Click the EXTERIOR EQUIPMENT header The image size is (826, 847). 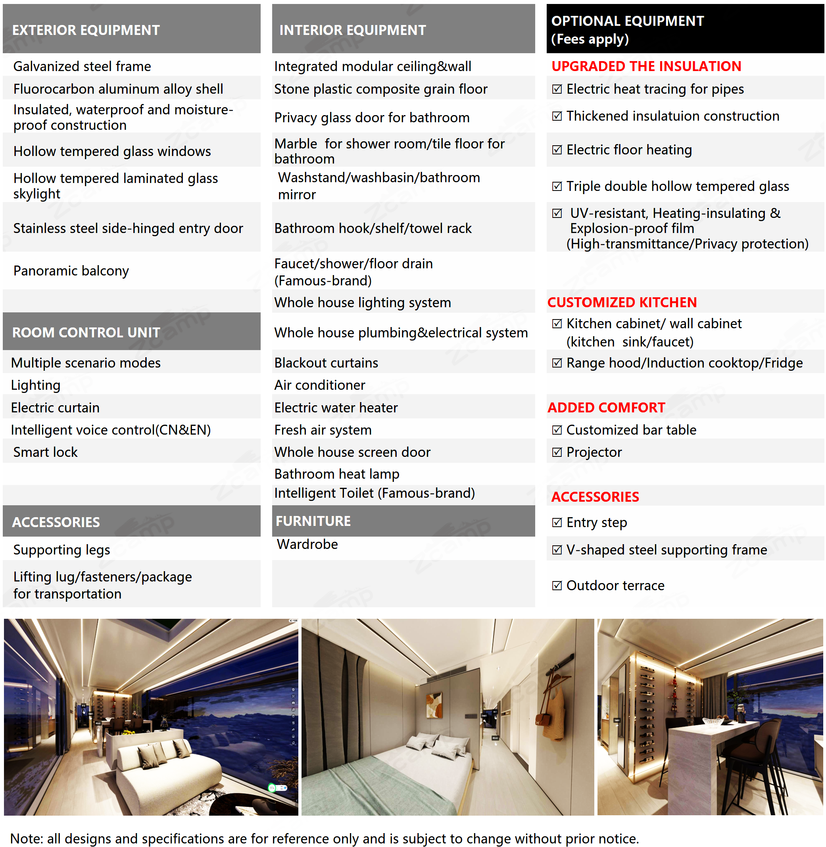click(x=86, y=30)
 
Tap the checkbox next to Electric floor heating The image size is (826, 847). click(x=557, y=150)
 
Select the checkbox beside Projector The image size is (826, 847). click(x=557, y=452)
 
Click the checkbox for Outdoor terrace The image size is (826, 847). click(x=557, y=585)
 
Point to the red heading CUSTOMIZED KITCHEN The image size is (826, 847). click(x=622, y=302)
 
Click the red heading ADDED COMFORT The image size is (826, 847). click(x=606, y=408)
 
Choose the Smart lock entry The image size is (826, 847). click(x=45, y=452)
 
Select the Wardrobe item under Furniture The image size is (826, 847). click(x=307, y=544)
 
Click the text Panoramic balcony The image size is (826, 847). click(x=71, y=271)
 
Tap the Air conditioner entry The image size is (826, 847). click(x=320, y=385)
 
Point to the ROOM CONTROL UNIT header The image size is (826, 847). click(x=86, y=332)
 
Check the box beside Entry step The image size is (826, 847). click(x=557, y=522)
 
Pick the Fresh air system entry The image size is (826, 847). click(x=323, y=430)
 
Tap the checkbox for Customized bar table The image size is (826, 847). click(x=557, y=430)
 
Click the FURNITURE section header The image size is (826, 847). click(x=313, y=521)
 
